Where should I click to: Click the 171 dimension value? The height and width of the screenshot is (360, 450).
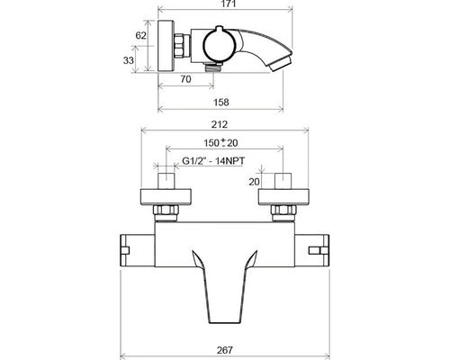tap(225, 4)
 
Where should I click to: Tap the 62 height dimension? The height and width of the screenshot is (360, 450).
tap(140, 35)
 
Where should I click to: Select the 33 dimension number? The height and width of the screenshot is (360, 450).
tap(129, 60)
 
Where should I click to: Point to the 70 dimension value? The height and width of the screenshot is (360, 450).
tap(185, 79)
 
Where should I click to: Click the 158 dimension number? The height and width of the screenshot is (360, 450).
tap(220, 103)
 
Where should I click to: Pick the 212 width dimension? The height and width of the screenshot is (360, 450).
tap(220, 124)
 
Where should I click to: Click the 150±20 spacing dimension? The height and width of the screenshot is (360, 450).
tap(220, 143)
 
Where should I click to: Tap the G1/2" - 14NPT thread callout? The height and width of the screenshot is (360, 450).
tap(213, 161)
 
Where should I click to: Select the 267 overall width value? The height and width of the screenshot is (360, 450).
tap(224, 350)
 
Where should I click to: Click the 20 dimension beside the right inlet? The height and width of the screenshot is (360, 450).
tap(254, 182)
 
